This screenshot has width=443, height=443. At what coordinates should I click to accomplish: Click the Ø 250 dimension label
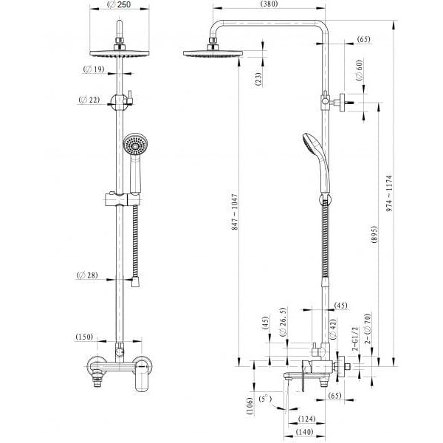pos(119,5)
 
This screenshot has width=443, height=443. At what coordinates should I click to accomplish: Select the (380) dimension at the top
pos(268,4)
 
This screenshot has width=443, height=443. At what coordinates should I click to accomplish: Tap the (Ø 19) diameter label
pos(94,69)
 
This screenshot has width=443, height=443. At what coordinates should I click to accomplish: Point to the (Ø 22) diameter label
pos(89,100)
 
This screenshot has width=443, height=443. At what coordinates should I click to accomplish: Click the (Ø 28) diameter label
pos(87,275)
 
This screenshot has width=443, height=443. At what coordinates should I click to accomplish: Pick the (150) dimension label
pos(84,337)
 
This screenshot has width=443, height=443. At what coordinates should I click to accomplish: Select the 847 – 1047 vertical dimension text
pos(235,212)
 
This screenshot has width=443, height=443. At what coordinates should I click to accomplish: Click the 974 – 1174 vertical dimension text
pos(389,193)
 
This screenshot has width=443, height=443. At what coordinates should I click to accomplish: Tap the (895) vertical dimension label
pos(374,235)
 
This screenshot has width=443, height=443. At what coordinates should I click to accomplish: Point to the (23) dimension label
pos(258,79)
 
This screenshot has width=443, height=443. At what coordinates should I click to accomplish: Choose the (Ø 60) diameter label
pos(359,69)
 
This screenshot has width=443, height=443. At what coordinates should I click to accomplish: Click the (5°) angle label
pos(265,399)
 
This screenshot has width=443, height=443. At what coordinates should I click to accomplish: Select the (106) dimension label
pos(250,406)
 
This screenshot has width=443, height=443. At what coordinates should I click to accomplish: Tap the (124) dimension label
pos(306,419)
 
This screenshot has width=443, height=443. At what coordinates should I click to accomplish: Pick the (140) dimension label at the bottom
pos(304,432)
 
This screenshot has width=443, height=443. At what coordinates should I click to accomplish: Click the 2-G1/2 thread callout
pos(355,339)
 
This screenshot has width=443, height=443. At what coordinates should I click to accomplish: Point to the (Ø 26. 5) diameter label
pos(284,321)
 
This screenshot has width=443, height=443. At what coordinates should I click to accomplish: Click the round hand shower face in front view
pos(136,145)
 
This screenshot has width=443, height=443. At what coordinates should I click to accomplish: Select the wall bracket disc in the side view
pos(343,103)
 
